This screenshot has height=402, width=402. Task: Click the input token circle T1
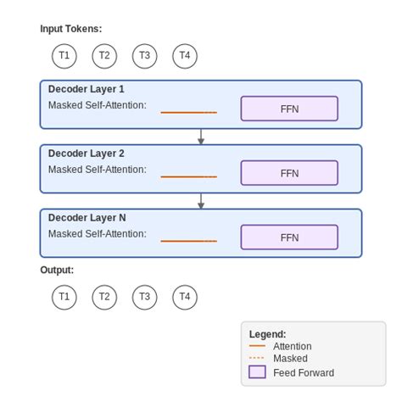click(64, 56)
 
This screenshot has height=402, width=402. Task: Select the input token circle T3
click(144, 56)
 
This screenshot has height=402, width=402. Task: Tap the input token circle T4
click(185, 56)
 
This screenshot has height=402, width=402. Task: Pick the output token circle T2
click(104, 297)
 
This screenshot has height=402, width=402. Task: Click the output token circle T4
click(185, 297)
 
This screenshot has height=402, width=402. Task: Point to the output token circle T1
click(64, 297)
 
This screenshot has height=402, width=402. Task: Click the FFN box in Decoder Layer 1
click(289, 109)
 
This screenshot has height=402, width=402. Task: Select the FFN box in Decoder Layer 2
click(289, 173)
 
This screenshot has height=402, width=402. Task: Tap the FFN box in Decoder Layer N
click(289, 237)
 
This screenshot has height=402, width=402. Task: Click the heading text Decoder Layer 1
click(86, 89)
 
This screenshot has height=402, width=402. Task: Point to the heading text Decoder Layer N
click(87, 218)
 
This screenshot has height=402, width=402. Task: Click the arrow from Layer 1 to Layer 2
click(201, 137)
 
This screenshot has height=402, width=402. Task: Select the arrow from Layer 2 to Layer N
click(201, 201)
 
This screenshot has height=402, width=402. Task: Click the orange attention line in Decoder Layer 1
click(188, 112)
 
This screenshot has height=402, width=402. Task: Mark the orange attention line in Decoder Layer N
click(188, 241)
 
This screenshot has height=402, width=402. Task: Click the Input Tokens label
click(70, 29)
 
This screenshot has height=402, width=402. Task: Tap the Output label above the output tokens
click(57, 271)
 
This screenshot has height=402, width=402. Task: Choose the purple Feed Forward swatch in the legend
click(257, 372)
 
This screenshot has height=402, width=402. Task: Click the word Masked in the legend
click(290, 359)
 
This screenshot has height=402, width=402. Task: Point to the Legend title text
click(267, 334)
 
